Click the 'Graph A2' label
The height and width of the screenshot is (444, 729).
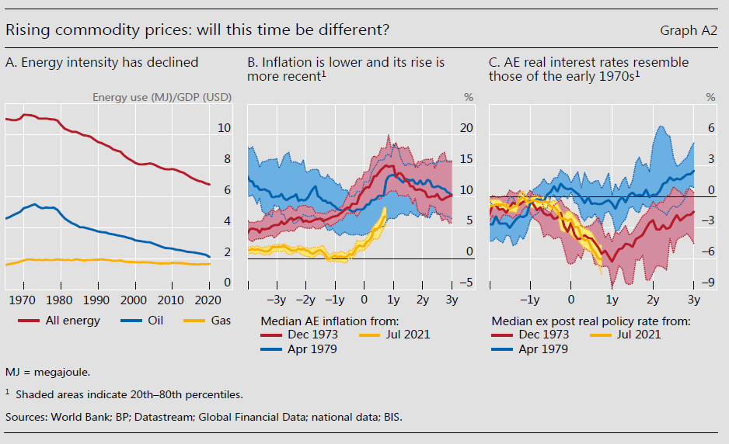(689, 30)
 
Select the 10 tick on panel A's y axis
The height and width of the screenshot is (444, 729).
(224, 128)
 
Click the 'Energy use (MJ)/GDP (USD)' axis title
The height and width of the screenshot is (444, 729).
(162, 97)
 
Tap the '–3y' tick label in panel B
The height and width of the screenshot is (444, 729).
(276, 300)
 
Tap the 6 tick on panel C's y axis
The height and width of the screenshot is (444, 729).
(710, 128)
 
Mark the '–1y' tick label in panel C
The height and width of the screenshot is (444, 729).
(530, 300)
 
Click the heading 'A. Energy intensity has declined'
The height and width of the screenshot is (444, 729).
(102, 62)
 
